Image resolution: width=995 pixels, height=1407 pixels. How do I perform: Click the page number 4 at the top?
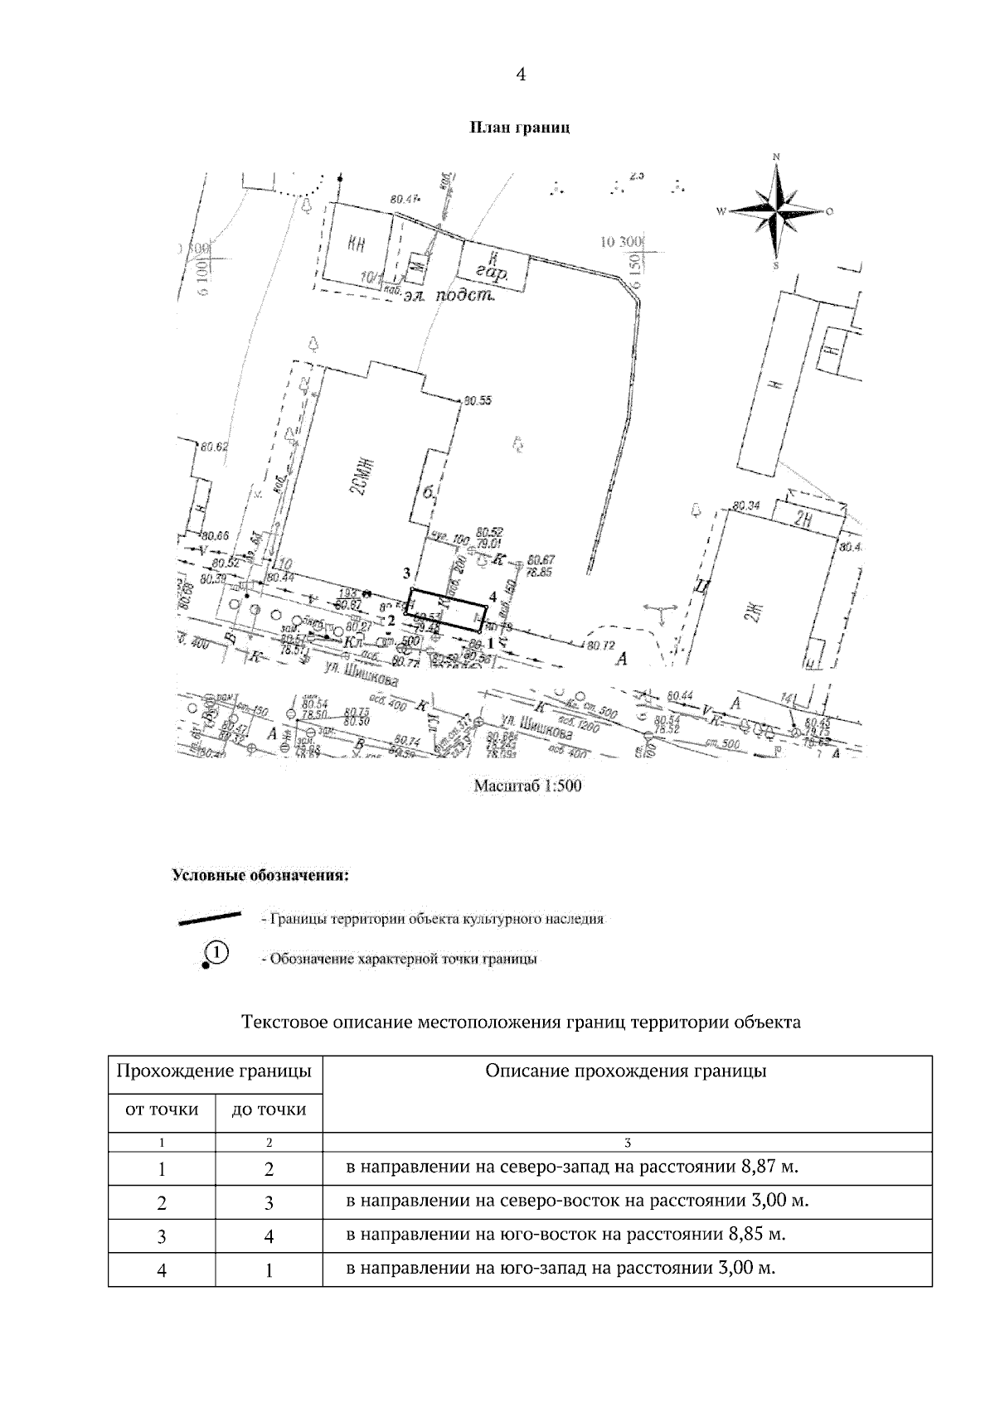tap(521, 75)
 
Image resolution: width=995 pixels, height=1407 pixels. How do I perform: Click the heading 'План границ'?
tap(520, 128)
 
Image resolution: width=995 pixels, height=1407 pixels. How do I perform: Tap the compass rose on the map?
tap(776, 210)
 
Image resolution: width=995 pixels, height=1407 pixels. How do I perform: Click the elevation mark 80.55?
tap(478, 401)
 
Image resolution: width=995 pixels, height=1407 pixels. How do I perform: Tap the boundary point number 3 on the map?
tap(406, 573)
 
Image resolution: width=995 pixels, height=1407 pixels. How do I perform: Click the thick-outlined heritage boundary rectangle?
tap(447, 608)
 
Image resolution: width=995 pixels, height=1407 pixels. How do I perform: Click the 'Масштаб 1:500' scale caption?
tap(527, 786)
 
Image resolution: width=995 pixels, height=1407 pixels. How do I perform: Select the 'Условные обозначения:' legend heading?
tap(260, 874)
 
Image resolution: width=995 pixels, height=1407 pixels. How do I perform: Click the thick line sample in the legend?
tap(209, 917)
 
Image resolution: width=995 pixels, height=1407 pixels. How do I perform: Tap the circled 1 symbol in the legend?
tap(214, 953)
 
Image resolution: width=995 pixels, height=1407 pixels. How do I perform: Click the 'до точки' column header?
tap(269, 1109)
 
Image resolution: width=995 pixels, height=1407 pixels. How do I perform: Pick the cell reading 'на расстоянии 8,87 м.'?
tap(572, 1168)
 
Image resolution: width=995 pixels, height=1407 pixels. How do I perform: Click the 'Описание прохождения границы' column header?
tap(626, 1071)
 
